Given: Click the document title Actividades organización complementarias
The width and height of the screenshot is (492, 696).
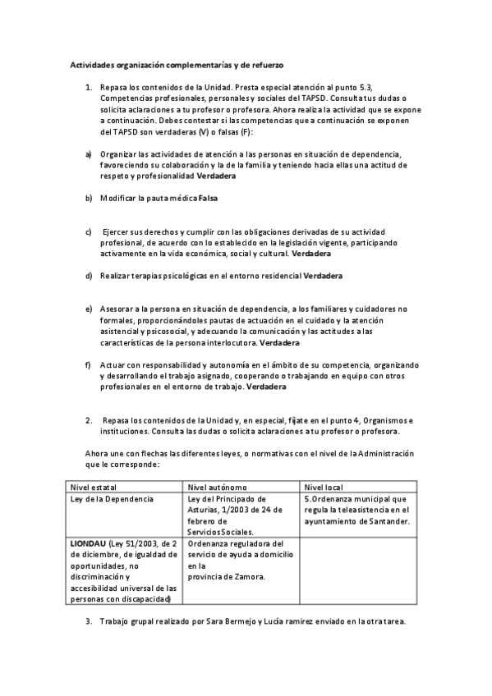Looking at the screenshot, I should click(x=176, y=63).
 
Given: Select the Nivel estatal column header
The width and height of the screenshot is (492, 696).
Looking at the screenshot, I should click(x=94, y=486).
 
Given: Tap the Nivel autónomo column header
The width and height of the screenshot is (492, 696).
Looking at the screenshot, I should click(x=217, y=486).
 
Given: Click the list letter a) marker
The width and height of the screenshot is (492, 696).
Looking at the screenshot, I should click(x=89, y=154).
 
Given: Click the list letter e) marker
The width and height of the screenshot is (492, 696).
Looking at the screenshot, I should click(x=89, y=309).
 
